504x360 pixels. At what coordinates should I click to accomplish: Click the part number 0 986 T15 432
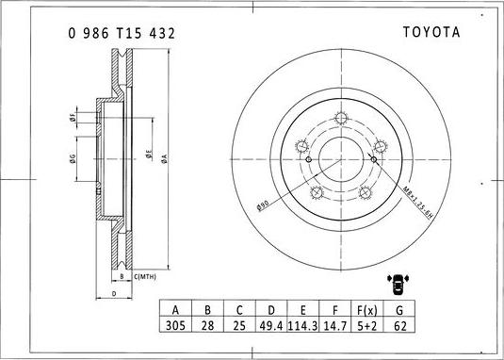[x=121, y=32]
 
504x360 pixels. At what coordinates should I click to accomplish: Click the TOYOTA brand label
[x=431, y=31]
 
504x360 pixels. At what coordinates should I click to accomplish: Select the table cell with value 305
[x=174, y=324]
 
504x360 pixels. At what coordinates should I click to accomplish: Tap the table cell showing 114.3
[x=303, y=324]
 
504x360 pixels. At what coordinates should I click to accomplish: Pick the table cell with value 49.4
[x=270, y=324]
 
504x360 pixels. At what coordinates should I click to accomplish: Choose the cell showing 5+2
[x=366, y=324]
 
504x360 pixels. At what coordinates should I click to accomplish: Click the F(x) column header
[x=366, y=309]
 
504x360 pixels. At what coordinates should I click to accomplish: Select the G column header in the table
[x=399, y=309]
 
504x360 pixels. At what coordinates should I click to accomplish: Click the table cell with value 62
[x=399, y=324]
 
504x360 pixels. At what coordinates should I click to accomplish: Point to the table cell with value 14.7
[x=335, y=324]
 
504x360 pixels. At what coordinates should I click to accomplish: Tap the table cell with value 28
[x=206, y=324]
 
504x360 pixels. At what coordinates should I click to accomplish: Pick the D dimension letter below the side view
[x=113, y=294]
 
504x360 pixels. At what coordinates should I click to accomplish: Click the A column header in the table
[x=174, y=309]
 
